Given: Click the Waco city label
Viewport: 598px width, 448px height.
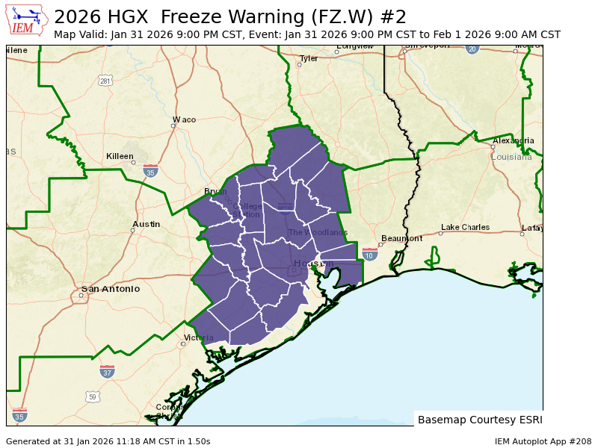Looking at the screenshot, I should [x=184, y=119].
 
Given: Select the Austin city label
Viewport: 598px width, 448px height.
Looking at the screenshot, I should [x=146, y=224].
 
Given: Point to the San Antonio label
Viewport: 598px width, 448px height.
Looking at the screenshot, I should [x=111, y=289].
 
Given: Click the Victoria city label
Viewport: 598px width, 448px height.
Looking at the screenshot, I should [x=200, y=338].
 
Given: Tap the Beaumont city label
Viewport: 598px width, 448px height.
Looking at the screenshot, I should [x=404, y=238].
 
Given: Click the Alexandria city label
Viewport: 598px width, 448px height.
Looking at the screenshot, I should [x=513, y=140].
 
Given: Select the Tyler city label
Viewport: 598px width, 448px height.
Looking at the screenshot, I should [x=309, y=58].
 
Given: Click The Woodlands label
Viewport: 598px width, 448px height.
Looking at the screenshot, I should [x=318, y=232].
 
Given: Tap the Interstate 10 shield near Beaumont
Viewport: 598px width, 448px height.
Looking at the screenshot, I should [x=369, y=255].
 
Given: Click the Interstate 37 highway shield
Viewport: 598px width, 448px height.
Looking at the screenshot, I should [x=108, y=371].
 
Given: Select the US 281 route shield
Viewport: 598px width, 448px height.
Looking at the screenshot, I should [x=105, y=81].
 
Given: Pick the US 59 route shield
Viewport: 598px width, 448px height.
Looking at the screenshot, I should [x=92, y=396].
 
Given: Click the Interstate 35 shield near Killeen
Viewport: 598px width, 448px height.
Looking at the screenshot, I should [x=151, y=171].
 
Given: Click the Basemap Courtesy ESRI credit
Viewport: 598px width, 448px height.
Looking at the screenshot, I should [x=478, y=420].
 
